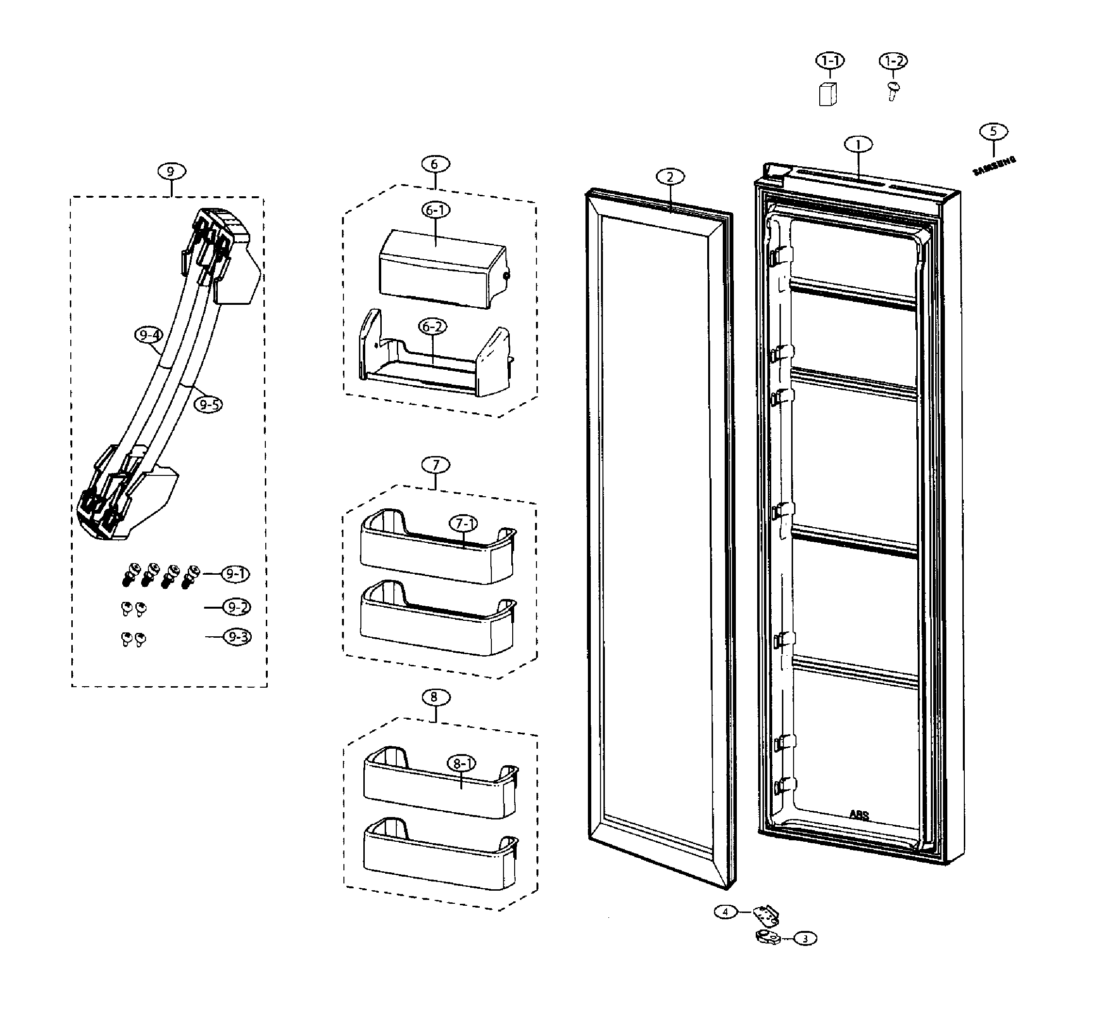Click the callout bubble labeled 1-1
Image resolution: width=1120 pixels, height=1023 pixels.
click(830, 61)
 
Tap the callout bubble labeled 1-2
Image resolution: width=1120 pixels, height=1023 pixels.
click(893, 61)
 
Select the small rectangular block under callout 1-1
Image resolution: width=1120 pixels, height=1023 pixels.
click(828, 94)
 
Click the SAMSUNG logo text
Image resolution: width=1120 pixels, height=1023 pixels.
click(994, 166)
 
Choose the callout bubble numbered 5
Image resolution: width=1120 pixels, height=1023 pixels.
click(993, 131)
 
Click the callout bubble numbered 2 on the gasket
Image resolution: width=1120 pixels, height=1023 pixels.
click(670, 176)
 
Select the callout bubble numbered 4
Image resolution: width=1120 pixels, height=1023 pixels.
click(726, 912)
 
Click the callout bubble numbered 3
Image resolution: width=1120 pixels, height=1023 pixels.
click(806, 939)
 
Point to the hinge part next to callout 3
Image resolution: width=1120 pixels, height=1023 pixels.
click(768, 937)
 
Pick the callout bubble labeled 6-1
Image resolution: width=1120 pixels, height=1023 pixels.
click(436, 210)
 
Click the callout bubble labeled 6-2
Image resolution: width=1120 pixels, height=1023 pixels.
click(432, 327)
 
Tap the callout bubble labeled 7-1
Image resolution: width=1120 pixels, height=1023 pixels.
click(463, 523)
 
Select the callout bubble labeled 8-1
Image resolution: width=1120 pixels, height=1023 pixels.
click(462, 764)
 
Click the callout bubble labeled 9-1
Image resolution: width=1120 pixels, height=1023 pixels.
click(236, 574)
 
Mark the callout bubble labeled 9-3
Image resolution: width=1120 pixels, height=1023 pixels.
click(237, 637)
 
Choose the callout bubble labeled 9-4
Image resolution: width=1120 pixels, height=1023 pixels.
click(149, 335)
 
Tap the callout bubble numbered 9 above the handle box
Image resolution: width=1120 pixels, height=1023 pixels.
click(171, 171)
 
